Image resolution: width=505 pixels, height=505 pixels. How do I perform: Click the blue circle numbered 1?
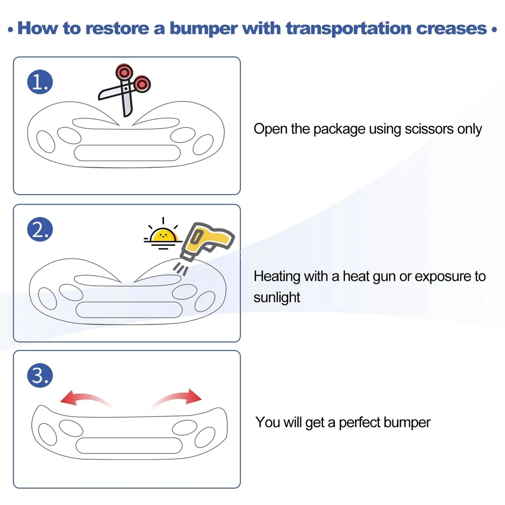40,82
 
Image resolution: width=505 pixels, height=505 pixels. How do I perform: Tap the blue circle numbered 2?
40,229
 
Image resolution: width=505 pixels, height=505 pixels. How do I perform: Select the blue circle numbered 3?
40,375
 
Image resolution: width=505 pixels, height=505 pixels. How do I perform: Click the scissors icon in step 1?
125,90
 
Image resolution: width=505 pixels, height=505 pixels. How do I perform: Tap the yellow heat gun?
206,241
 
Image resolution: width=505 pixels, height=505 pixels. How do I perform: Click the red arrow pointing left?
85,398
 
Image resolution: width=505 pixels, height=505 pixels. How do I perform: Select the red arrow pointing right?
177,398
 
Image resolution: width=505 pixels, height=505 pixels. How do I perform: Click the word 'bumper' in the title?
204,29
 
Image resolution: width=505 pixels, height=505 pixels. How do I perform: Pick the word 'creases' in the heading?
451,28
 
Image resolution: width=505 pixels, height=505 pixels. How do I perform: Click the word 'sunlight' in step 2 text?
277,297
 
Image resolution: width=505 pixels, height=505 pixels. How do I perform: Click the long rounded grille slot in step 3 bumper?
129,446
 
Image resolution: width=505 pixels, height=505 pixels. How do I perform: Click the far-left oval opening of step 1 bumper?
46,142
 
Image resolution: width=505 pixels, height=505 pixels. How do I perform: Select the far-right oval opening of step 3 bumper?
205,437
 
